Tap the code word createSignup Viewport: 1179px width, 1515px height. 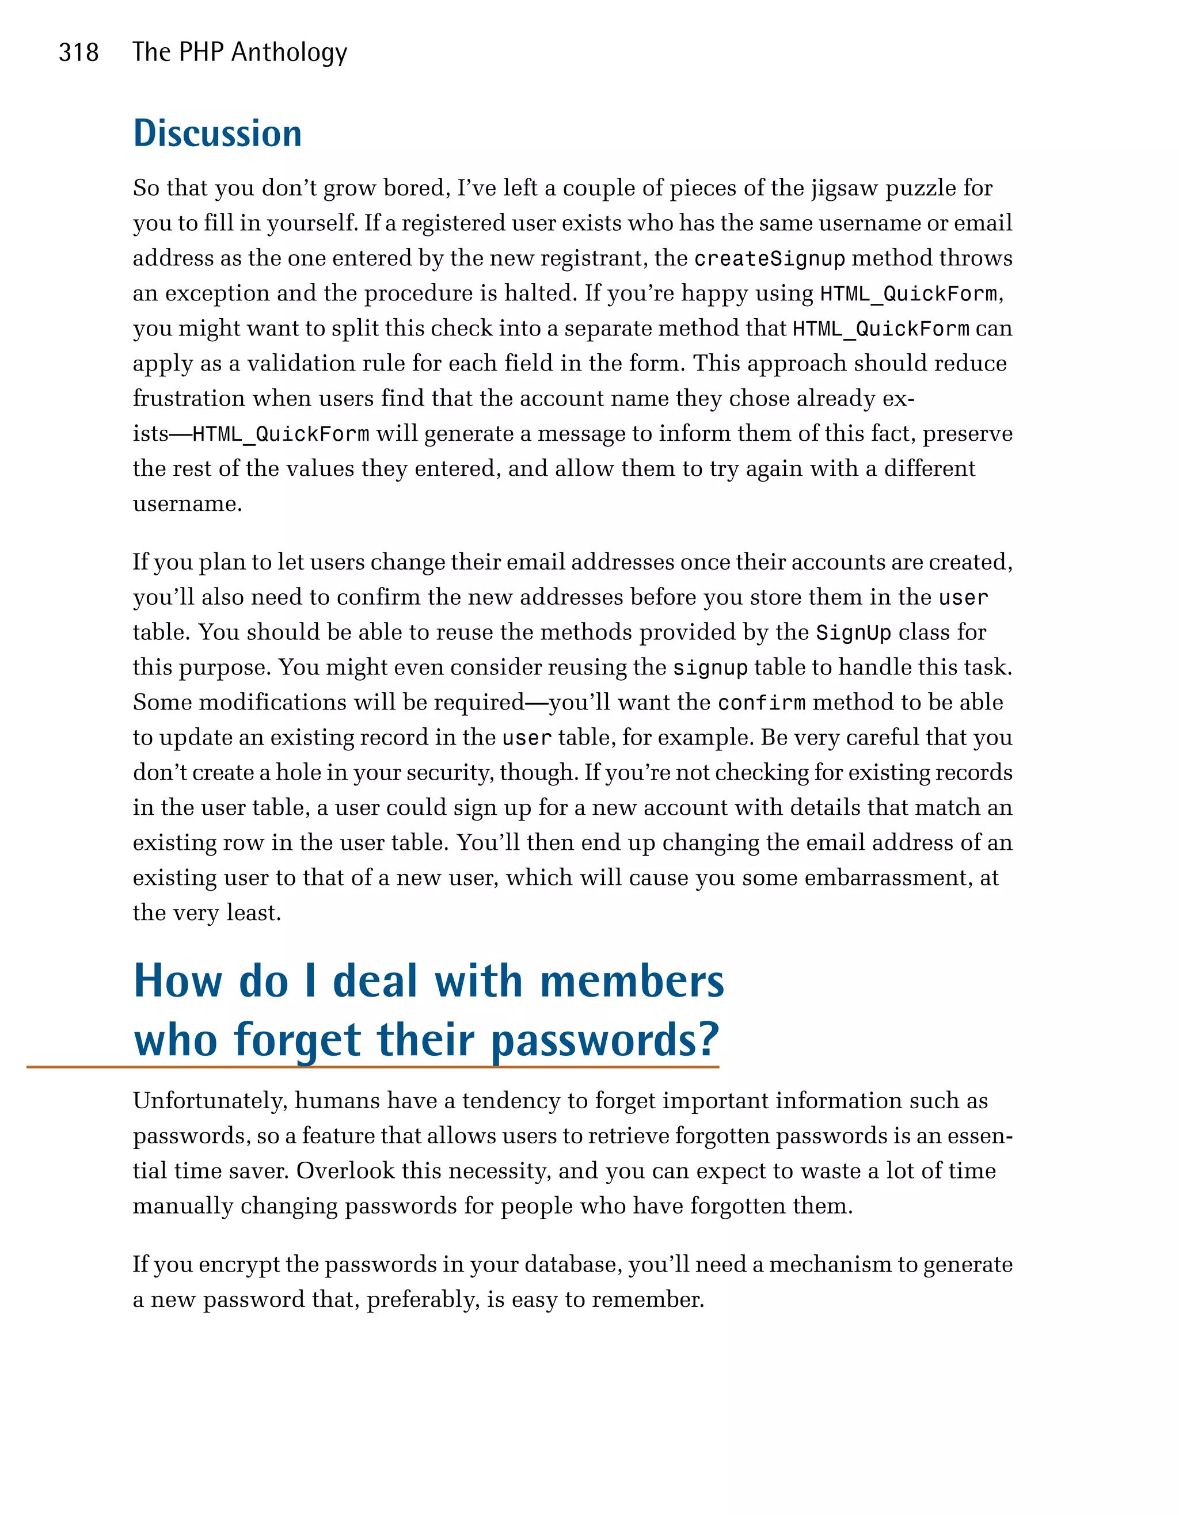[769, 259]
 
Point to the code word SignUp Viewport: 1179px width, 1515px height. [853, 632]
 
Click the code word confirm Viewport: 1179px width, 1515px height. [761, 703]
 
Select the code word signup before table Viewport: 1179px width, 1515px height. [710, 668]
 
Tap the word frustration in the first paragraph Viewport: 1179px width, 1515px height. [189, 398]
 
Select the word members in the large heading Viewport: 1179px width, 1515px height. [632, 981]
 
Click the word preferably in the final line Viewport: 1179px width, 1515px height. [423, 1299]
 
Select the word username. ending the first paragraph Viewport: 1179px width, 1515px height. [187, 503]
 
